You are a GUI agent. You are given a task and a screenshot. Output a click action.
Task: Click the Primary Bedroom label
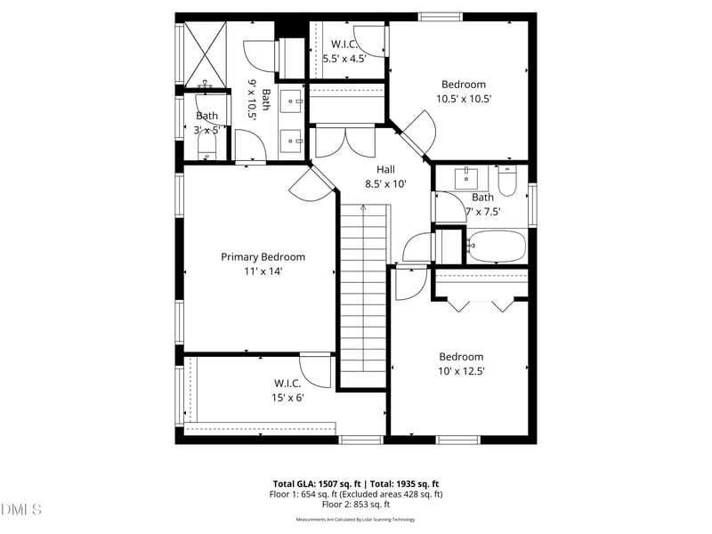pyautogui.click(x=263, y=257)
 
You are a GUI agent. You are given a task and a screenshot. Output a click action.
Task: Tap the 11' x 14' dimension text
pyautogui.click(x=263, y=271)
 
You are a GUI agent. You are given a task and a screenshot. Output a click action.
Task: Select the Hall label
pyautogui.click(x=385, y=169)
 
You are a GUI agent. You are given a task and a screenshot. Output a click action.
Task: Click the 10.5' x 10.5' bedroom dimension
pyautogui.click(x=464, y=99)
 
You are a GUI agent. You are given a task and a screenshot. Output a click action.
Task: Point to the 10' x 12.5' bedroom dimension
pyautogui.click(x=460, y=371)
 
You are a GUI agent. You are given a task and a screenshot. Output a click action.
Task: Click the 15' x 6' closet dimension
pyautogui.click(x=287, y=398)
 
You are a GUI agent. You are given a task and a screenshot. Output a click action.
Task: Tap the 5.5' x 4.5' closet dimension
pyautogui.click(x=344, y=58)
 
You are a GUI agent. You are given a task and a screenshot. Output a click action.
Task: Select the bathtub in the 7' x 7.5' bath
pyautogui.click(x=498, y=246)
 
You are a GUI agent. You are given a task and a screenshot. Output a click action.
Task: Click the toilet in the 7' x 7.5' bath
pyautogui.click(x=507, y=181)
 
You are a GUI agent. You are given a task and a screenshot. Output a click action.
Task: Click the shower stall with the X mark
pyautogui.click(x=206, y=55)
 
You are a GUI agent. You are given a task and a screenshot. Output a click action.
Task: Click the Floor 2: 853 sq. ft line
pyautogui.click(x=356, y=504)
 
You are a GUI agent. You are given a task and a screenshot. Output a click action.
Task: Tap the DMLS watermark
pyautogui.click(x=21, y=509)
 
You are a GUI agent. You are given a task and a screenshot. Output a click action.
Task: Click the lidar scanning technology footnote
pyautogui.click(x=356, y=520)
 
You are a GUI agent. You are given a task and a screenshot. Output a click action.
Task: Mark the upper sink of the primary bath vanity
pyautogui.click(x=291, y=101)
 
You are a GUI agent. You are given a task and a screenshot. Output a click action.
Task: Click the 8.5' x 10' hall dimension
pyautogui.click(x=385, y=184)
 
